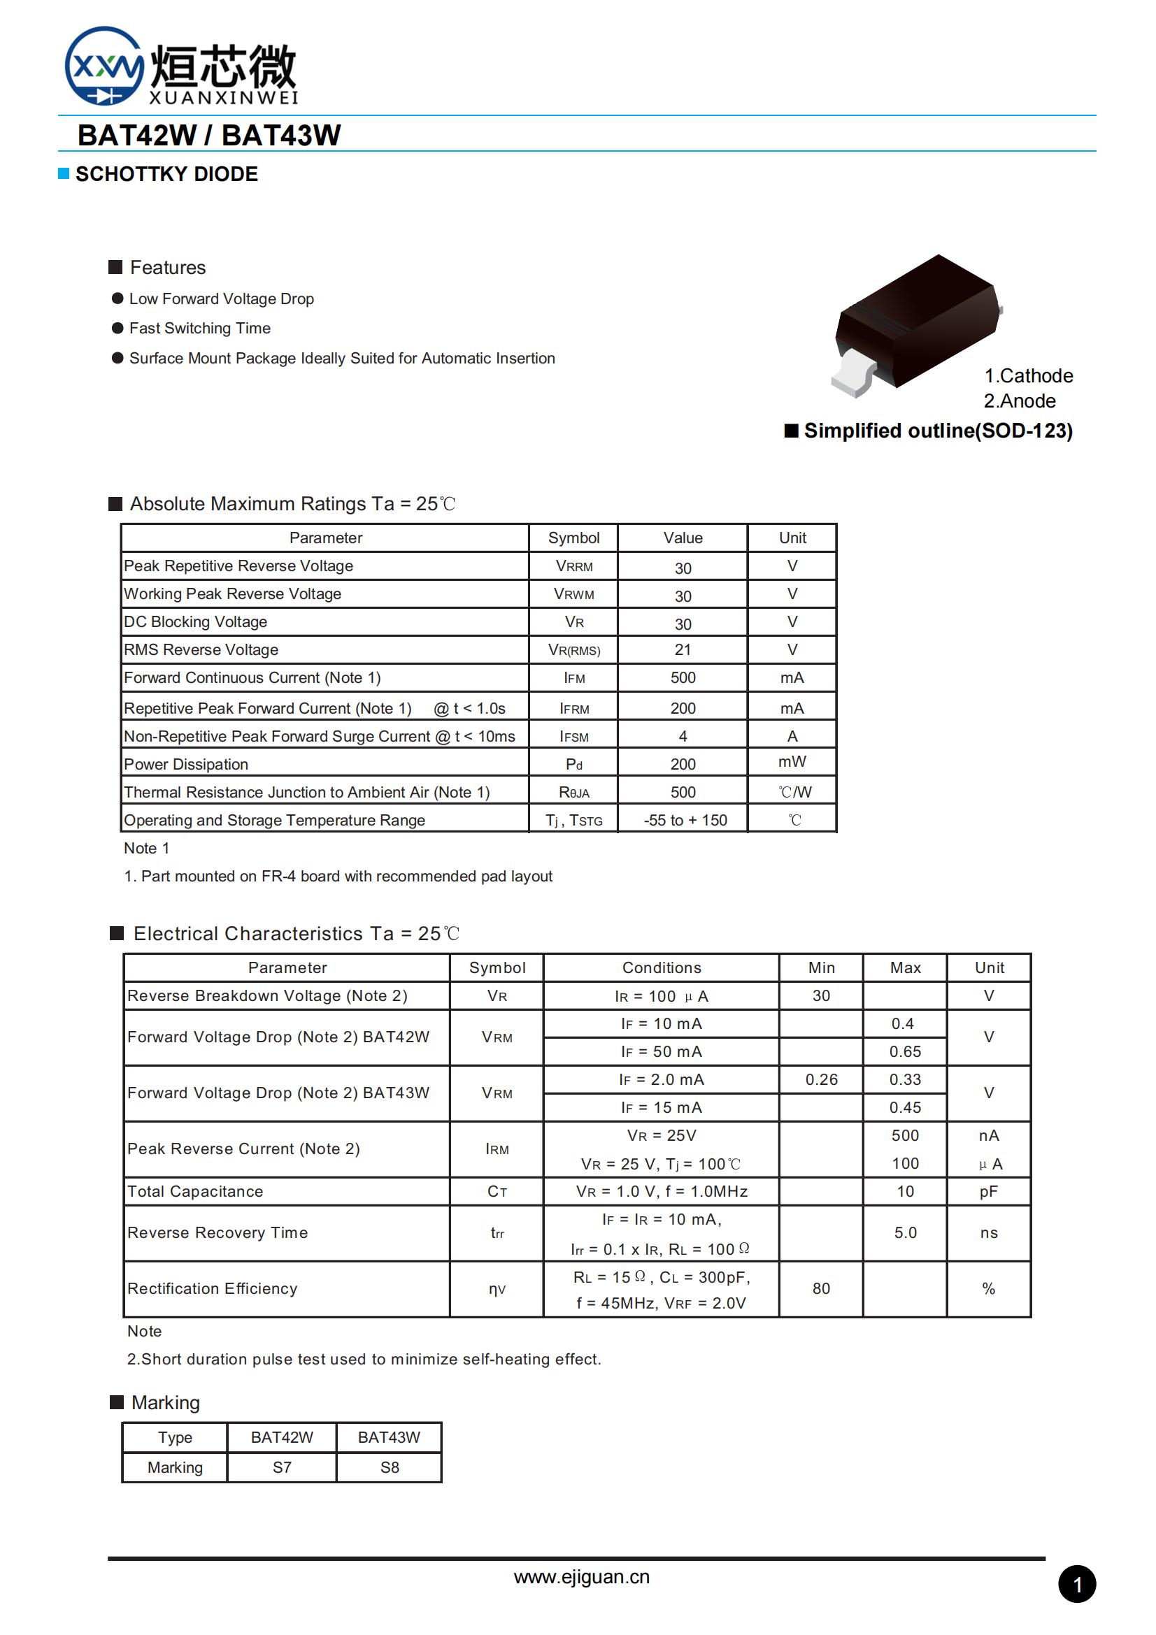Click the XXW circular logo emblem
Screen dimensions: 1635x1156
coord(104,66)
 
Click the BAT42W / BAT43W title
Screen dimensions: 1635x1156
coord(208,136)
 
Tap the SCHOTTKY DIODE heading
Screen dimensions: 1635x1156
coord(166,174)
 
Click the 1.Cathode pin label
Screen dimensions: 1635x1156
coord(1028,375)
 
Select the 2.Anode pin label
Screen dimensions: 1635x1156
coord(1019,401)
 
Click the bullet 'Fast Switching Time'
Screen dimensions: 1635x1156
coord(199,329)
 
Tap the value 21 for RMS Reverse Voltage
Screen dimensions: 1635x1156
coord(683,649)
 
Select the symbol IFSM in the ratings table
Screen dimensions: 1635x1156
coord(573,736)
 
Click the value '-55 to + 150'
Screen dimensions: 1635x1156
coord(685,821)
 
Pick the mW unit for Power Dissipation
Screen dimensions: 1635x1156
coord(792,762)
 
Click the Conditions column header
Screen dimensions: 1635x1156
coord(661,967)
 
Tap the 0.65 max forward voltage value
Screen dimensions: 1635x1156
coord(904,1052)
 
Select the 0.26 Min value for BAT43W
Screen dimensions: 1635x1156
coord(820,1079)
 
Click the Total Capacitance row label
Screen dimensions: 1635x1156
coord(195,1191)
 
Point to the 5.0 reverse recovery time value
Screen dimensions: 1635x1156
coord(904,1232)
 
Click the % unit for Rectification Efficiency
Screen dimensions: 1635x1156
coord(988,1288)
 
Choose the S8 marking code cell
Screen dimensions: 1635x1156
coord(389,1468)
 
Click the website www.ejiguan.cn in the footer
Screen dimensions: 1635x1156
coord(581,1577)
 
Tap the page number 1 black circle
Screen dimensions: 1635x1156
coord(1076,1585)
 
